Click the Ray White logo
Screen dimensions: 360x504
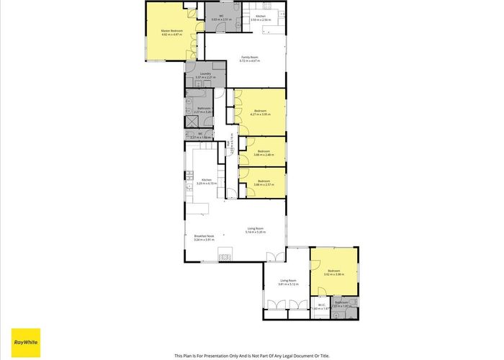pyautogui.click(x=26, y=340)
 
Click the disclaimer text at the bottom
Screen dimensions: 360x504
pyautogui.click(x=252, y=355)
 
